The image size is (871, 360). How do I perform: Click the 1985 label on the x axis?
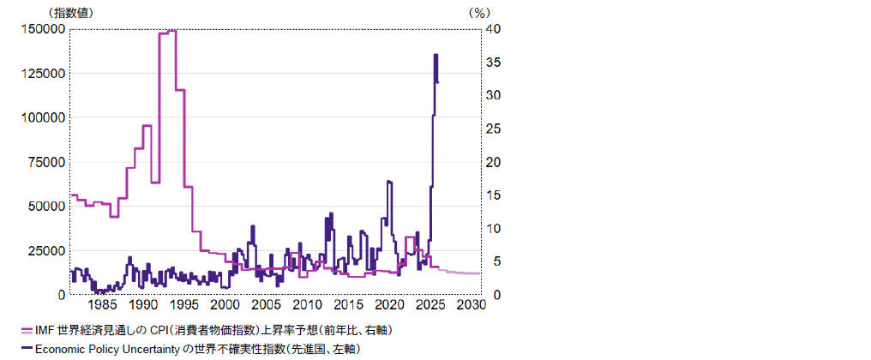pos(102,305)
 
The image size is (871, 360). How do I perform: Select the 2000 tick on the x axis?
pos(225,305)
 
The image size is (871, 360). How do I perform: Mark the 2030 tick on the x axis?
pos(471,305)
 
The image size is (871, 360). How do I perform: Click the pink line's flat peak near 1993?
pos(168,32)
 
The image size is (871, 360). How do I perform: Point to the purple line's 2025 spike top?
pos(435,55)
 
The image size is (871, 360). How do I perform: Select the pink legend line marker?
pos(26,331)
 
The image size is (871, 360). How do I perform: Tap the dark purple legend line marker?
pos(26,348)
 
